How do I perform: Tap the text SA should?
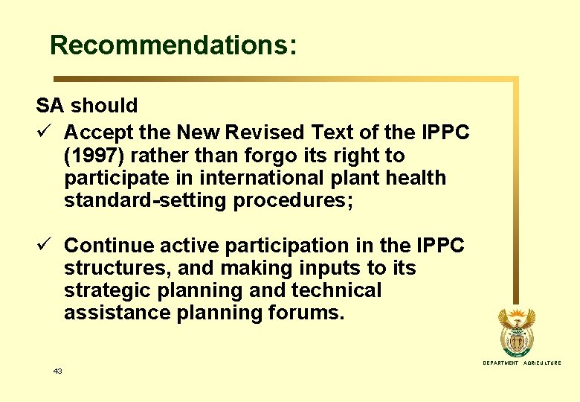coord(86,106)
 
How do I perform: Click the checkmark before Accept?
coord(43,133)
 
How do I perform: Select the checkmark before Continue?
coord(43,245)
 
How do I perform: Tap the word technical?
coord(336,290)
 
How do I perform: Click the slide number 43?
coord(58,371)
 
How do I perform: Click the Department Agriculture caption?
coord(521,363)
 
